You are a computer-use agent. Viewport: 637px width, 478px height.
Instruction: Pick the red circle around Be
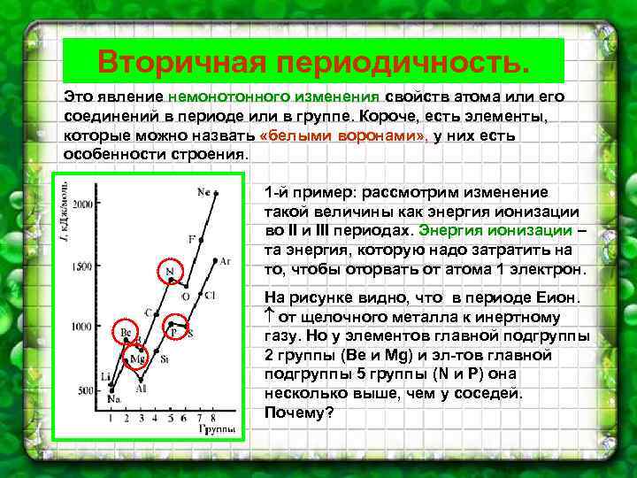click(126, 333)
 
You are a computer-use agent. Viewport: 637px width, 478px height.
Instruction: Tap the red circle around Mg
click(137, 358)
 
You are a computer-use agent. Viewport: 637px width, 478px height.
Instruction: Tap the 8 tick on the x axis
click(213, 417)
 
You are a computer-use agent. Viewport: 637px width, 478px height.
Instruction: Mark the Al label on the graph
click(142, 388)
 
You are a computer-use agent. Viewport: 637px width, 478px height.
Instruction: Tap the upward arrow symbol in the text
click(270, 316)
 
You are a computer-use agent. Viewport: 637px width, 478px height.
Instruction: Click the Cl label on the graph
click(210, 295)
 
